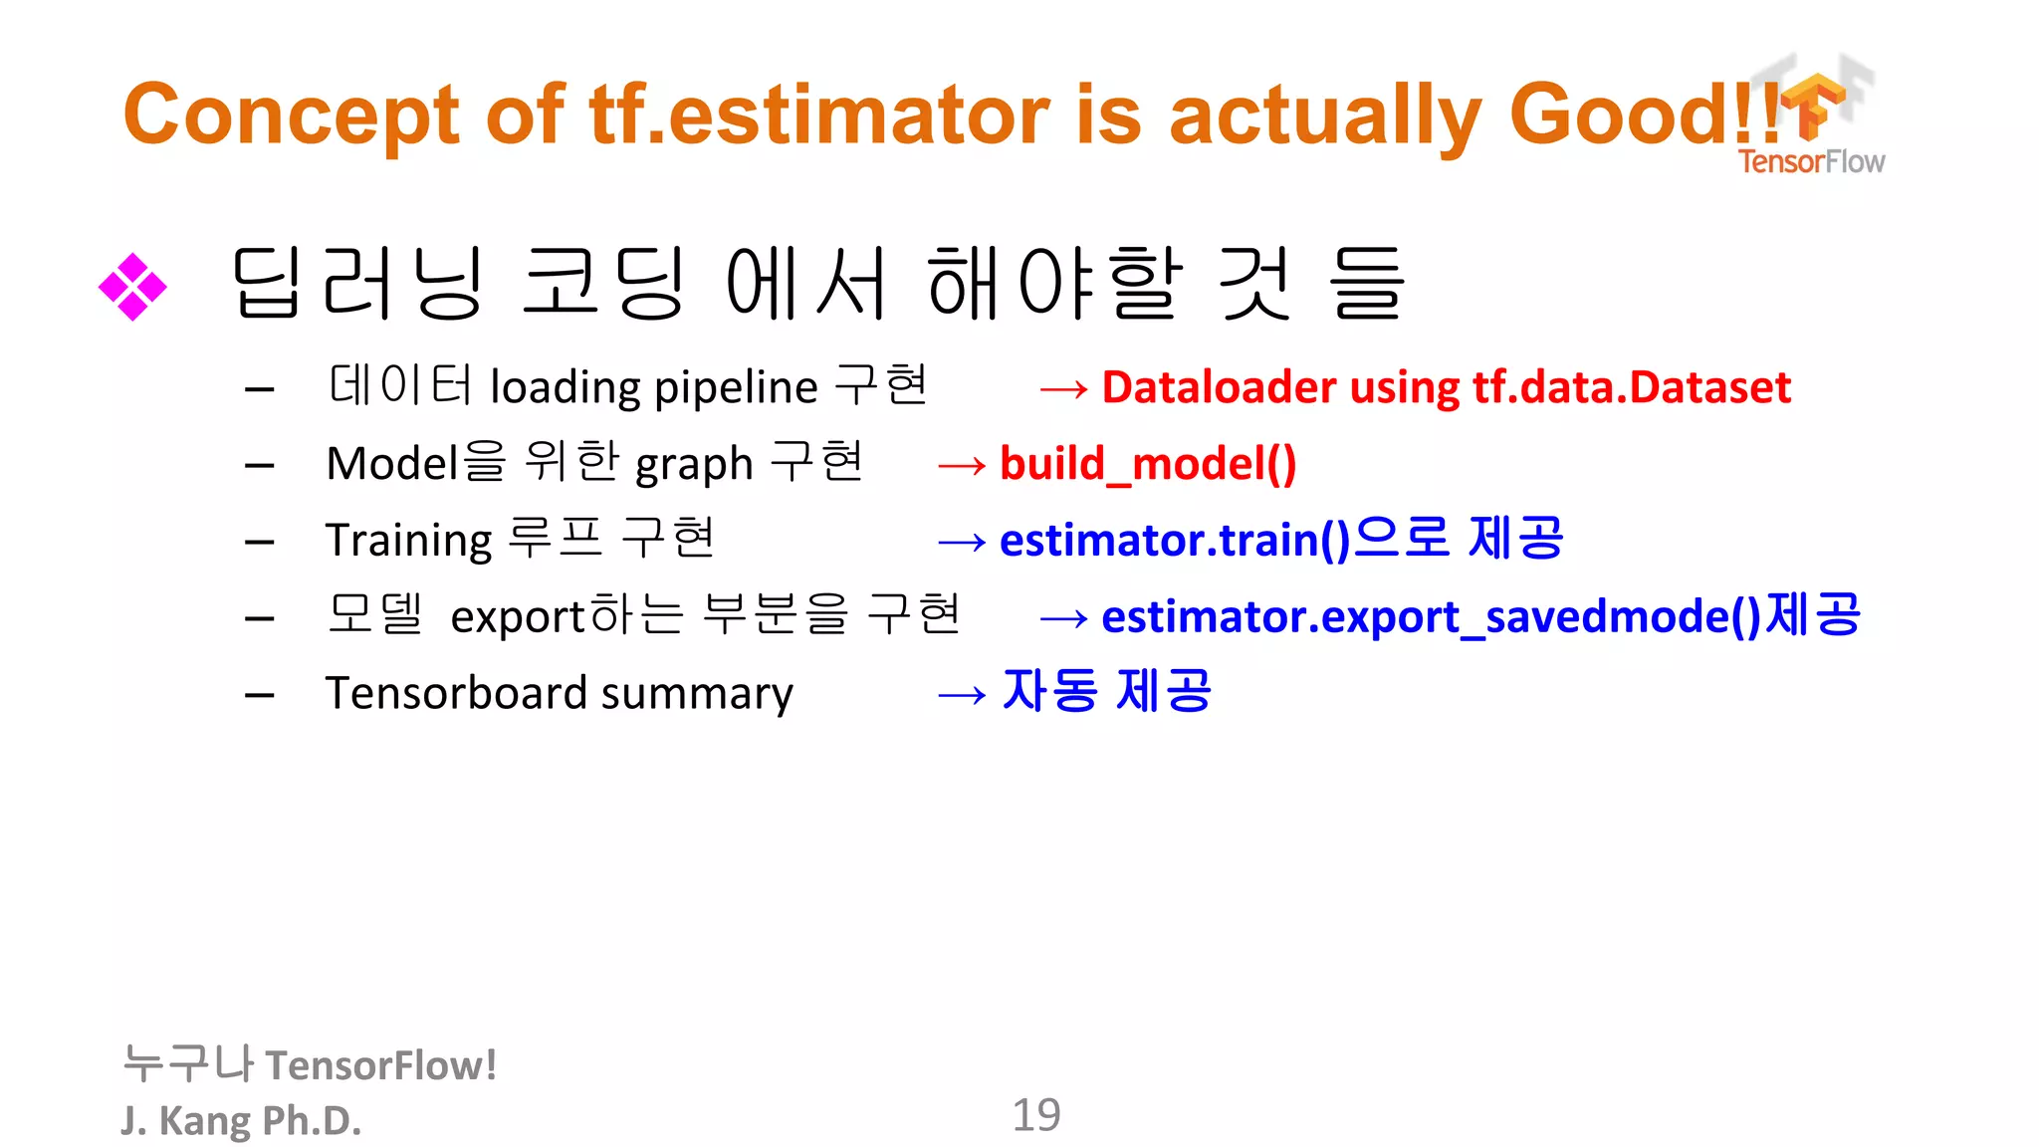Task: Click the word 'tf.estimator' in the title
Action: pos(818,115)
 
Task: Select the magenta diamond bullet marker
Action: pos(132,288)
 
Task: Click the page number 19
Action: pos(1035,1115)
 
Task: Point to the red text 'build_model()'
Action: pos(1148,464)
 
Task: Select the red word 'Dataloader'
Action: pos(1219,387)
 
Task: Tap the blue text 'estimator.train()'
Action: pos(1175,541)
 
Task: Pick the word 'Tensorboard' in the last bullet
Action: pos(456,693)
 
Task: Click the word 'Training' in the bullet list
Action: pos(408,541)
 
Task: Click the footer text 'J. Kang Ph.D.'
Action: pos(241,1121)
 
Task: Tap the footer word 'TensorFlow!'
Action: pos(381,1065)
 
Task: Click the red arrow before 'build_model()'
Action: pos(962,465)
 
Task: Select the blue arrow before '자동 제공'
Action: pos(962,695)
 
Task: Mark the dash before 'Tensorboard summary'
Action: pos(260,695)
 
